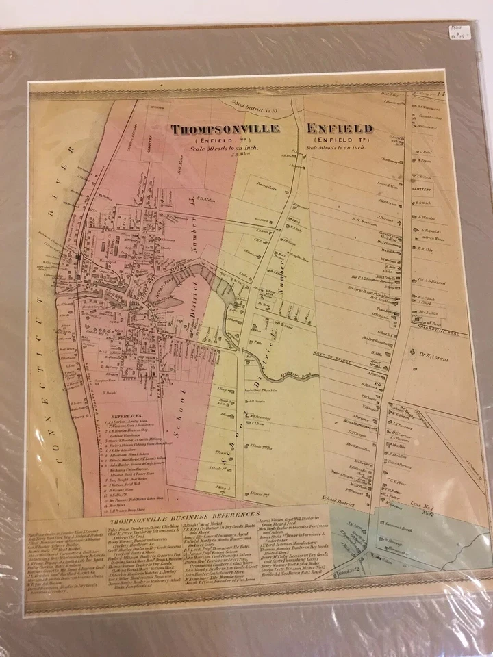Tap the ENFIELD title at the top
point(340,129)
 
